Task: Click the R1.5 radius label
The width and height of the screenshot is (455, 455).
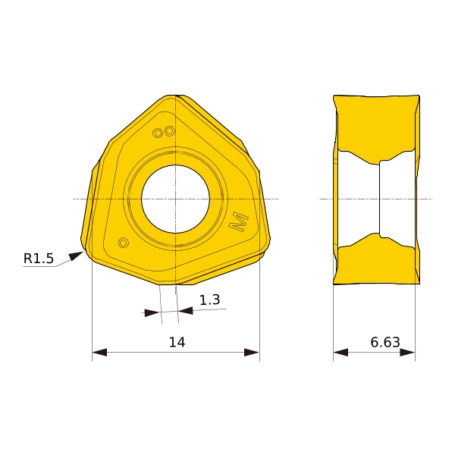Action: click(39, 259)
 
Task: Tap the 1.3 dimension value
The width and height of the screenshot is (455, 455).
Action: click(209, 300)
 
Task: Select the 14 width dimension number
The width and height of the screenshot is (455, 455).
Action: click(177, 343)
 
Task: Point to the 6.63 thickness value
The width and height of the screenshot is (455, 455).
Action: click(385, 343)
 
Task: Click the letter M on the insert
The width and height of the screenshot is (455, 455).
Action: click(239, 221)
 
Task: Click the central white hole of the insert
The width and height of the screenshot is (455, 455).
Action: click(175, 199)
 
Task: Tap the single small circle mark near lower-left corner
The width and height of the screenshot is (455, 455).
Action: click(124, 243)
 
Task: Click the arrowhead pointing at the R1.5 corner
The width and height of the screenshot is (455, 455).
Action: click(76, 256)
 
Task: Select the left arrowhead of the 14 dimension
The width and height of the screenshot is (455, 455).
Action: click(99, 353)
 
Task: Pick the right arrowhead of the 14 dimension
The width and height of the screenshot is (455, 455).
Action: click(252, 353)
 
